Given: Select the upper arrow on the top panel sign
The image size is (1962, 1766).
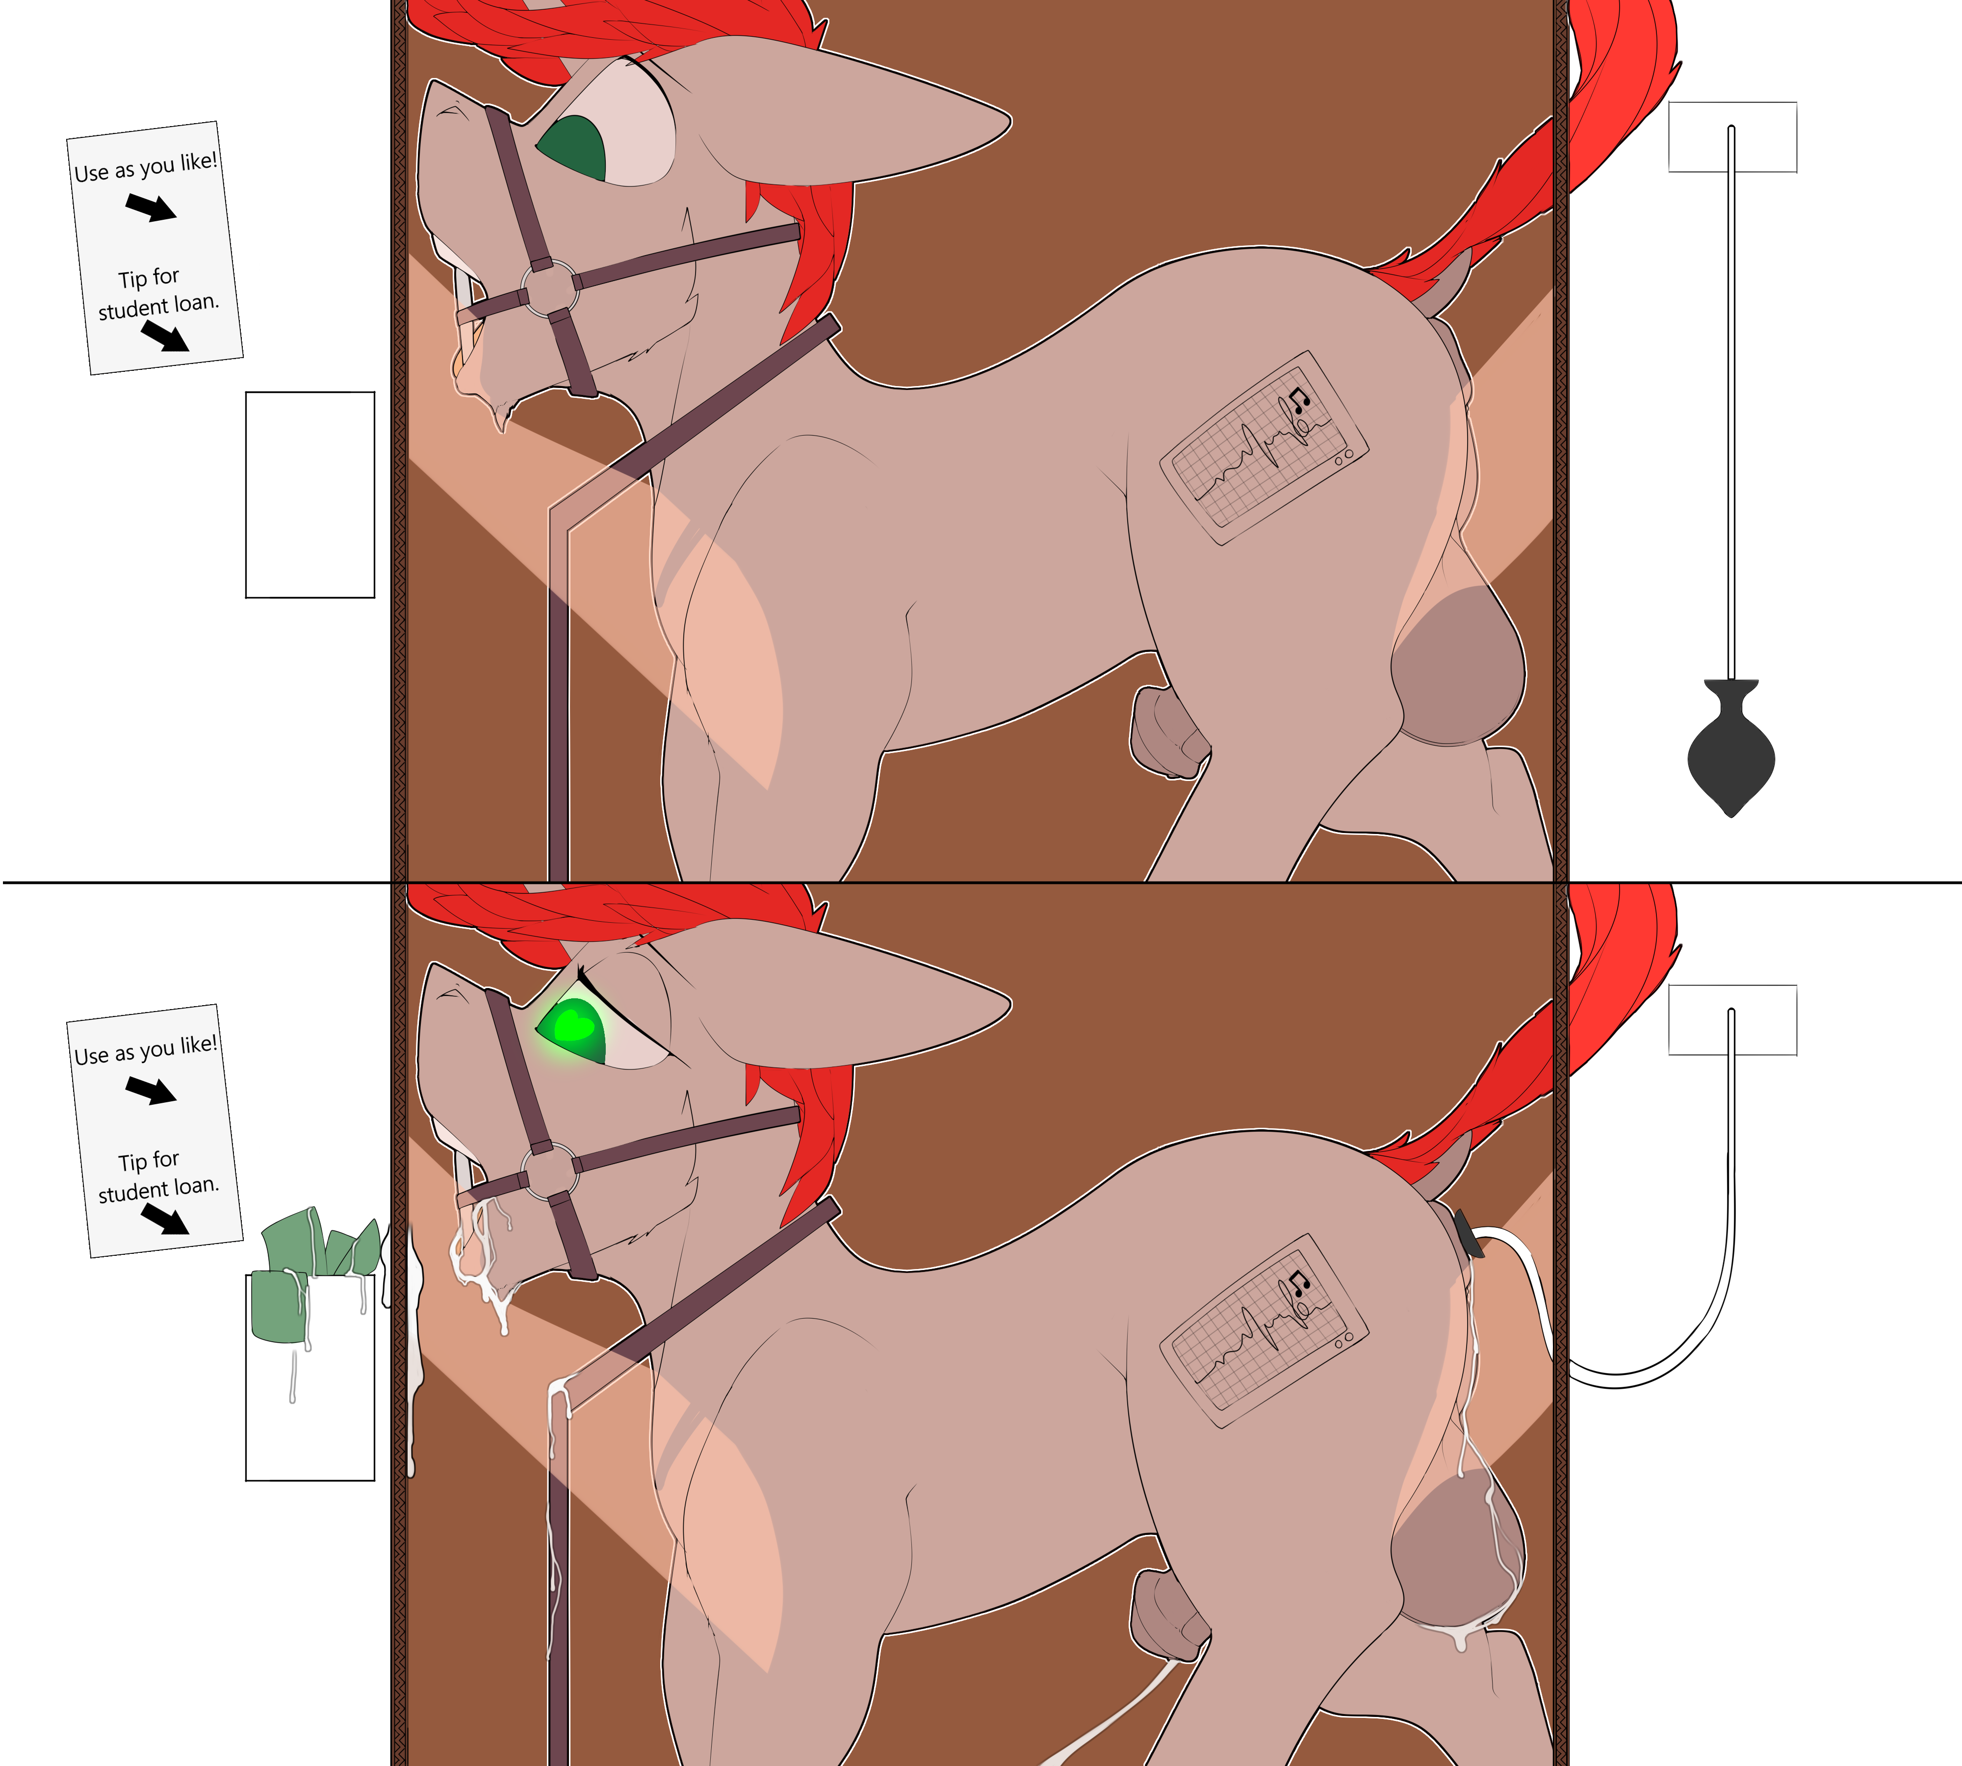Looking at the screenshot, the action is pyautogui.click(x=152, y=206).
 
